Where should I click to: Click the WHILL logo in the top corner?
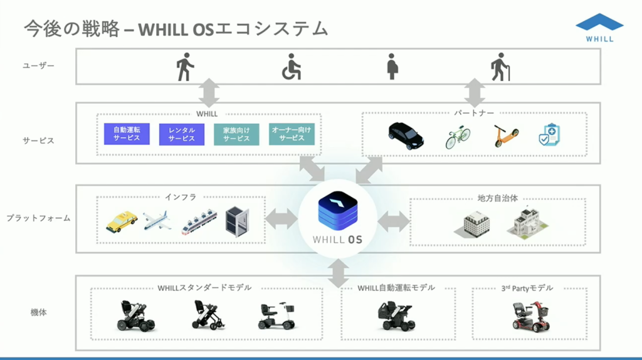click(x=599, y=28)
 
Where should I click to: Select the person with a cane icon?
click(x=500, y=66)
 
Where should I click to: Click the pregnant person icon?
click(x=392, y=66)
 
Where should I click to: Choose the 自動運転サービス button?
click(x=127, y=134)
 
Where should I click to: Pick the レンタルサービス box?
click(x=182, y=134)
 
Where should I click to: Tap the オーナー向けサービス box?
click(x=292, y=134)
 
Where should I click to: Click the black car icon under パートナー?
click(x=406, y=135)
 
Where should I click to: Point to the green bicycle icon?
click(x=458, y=137)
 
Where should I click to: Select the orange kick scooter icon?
click(x=506, y=135)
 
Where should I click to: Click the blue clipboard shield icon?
click(x=549, y=135)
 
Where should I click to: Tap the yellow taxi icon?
click(x=121, y=221)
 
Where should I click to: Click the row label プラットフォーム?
click(x=38, y=219)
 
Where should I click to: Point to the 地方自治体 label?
click(x=497, y=198)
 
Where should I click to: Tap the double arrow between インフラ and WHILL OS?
click(x=282, y=219)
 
